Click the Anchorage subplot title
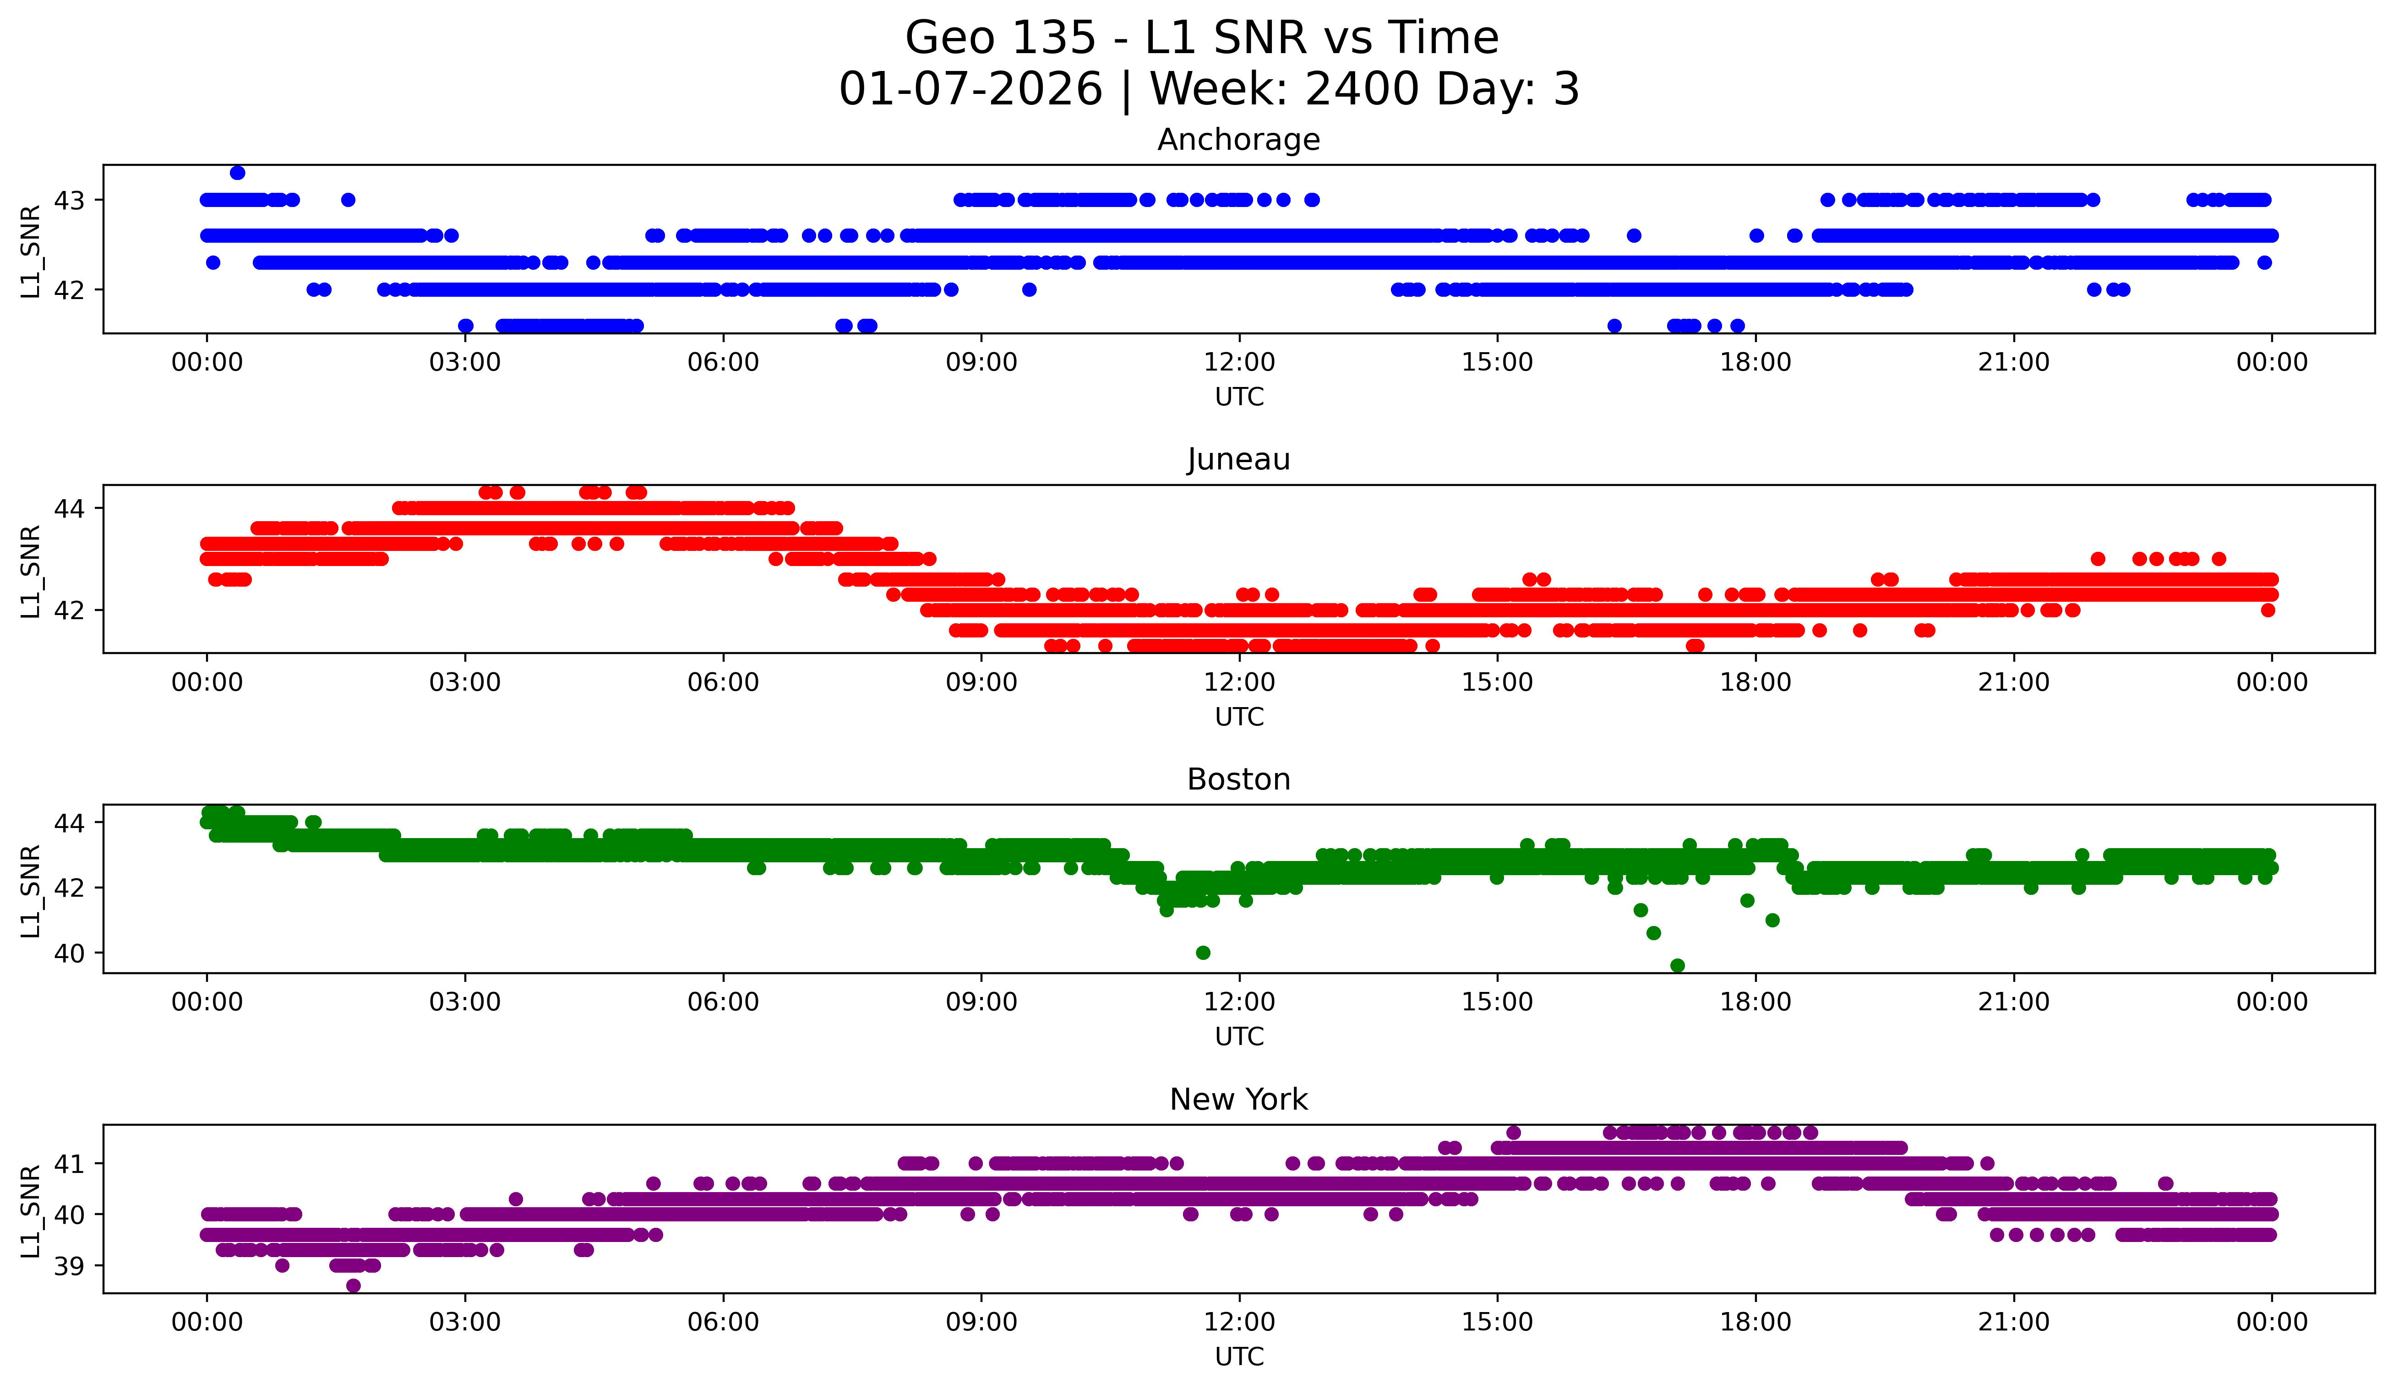(x=1238, y=140)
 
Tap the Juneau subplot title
(x=1238, y=459)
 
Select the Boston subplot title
(x=1238, y=779)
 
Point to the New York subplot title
(x=1238, y=1100)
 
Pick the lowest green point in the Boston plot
(x=1677, y=965)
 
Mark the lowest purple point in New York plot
(x=353, y=1286)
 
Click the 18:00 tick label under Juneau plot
(x=1755, y=683)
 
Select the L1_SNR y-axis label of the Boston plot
(x=30, y=890)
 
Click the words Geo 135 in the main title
(x=1000, y=39)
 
